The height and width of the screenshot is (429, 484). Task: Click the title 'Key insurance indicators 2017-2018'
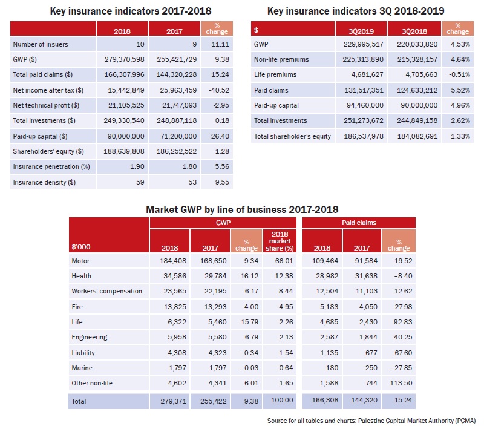(x=131, y=11)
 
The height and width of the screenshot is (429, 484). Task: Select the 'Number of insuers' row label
(x=41, y=44)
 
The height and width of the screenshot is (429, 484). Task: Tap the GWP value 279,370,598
(x=125, y=59)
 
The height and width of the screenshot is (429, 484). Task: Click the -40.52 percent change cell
(x=219, y=90)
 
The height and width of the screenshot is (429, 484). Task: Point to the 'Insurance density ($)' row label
(x=44, y=182)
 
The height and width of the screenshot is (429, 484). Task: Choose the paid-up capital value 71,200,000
(x=178, y=136)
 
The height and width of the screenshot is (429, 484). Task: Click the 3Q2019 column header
(x=361, y=31)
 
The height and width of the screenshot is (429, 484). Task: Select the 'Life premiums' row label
(x=275, y=74)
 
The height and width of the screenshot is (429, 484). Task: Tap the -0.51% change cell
(x=460, y=74)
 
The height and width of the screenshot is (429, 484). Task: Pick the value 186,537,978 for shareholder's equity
(x=364, y=136)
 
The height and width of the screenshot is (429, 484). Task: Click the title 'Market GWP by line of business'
(x=242, y=209)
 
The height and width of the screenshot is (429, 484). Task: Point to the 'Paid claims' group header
(x=359, y=223)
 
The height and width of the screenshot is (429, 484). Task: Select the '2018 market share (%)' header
(x=280, y=241)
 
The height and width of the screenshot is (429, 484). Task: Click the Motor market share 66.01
(x=284, y=261)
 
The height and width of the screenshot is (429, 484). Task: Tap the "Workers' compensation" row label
(x=107, y=291)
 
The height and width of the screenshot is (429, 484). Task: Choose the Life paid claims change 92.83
(x=403, y=322)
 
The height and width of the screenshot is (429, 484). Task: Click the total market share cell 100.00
(x=282, y=400)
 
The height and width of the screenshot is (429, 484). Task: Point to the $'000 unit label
(x=81, y=247)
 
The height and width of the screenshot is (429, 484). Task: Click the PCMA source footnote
(x=371, y=421)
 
